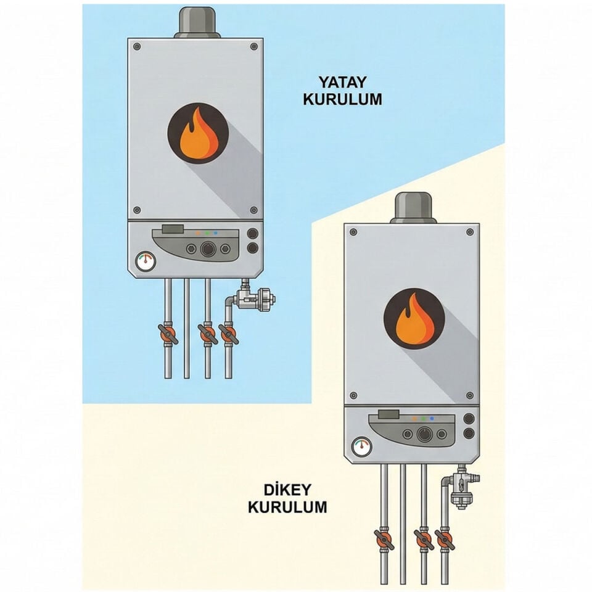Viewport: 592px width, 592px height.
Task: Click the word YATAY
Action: coord(342,82)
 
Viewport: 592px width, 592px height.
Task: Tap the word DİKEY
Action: coord(282,490)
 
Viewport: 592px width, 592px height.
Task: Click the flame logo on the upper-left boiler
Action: coord(198,133)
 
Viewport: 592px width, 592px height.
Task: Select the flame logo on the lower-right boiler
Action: coord(414,318)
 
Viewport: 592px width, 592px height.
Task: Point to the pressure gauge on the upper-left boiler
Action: coord(146,261)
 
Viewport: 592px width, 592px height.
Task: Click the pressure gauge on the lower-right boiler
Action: coord(362,447)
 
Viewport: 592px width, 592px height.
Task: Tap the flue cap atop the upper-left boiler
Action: coord(197,23)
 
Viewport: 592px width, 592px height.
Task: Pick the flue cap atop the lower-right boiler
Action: coord(413,208)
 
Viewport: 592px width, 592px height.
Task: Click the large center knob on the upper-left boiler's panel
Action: coord(208,249)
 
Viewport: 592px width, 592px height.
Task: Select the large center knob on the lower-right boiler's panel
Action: coord(424,434)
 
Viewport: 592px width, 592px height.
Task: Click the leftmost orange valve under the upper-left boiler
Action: coord(168,334)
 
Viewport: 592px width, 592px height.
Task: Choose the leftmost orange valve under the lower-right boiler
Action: coord(384,540)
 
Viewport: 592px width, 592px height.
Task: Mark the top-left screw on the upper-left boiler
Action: coord(137,46)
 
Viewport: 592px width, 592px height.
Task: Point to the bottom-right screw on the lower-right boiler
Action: coord(470,395)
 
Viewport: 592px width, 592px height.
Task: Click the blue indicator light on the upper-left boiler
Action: coord(216,233)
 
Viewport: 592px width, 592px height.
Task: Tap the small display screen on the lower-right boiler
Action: coord(388,414)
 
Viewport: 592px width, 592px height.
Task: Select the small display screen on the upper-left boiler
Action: coord(173,229)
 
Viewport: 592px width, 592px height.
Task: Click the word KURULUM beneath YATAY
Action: coord(342,99)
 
